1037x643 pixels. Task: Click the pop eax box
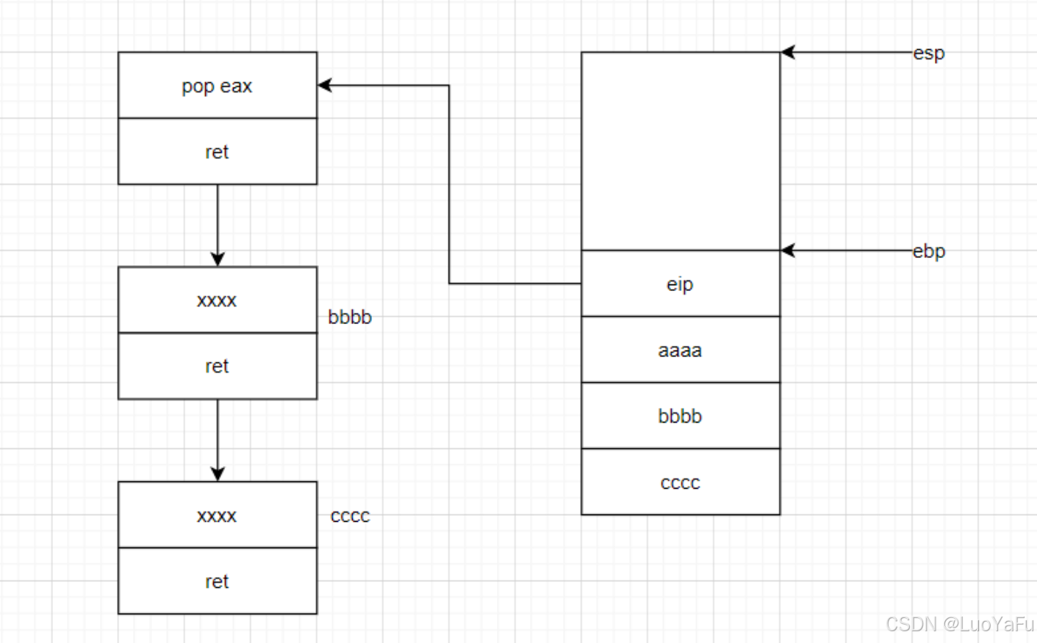tap(218, 85)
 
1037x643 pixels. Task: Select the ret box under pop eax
tap(218, 151)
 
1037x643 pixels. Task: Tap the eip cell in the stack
tap(680, 284)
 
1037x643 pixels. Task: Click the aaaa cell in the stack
tap(680, 350)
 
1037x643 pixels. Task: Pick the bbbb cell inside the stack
tap(680, 416)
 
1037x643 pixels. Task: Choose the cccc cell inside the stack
tap(680, 482)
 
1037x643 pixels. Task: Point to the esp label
tap(929, 53)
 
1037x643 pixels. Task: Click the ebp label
tap(929, 251)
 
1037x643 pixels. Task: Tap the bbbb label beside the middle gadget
tap(350, 317)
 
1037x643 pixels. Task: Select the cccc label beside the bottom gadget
tap(350, 516)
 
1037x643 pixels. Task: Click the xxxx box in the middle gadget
tap(218, 300)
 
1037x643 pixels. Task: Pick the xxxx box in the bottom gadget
tap(218, 515)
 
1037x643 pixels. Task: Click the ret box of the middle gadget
tap(218, 366)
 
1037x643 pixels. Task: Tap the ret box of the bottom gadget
tap(218, 581)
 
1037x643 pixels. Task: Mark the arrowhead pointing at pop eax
tap(324, 85)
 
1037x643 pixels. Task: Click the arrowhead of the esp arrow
tap(787, 52)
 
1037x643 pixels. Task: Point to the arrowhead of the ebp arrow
tap(787, 251)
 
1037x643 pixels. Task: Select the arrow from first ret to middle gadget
tap(218, 224)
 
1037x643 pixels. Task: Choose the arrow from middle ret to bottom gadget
tap(218, 439)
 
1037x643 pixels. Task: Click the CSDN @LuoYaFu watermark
tap(959, 624)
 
